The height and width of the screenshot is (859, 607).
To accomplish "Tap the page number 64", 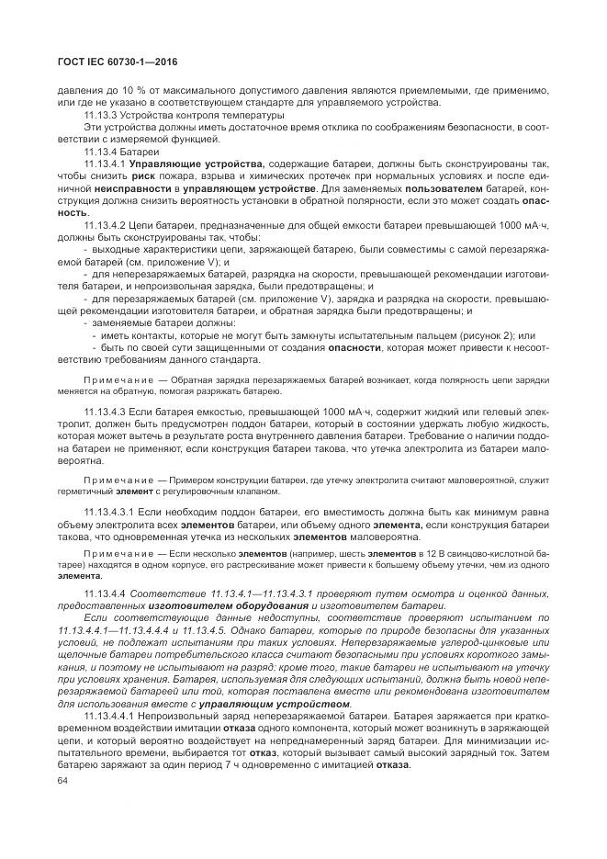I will point(62,781).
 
